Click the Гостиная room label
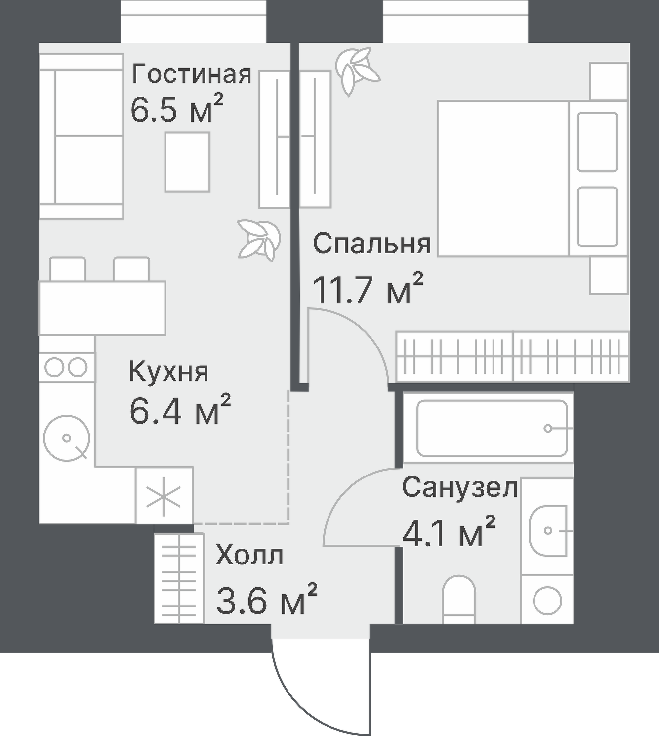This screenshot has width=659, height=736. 192,75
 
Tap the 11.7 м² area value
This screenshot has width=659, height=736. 368,290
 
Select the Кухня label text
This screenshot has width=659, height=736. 168,372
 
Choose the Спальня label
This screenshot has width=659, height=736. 372,244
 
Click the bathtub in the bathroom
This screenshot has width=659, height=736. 492,428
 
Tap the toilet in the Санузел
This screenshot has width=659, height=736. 458,599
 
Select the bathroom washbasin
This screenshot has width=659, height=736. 548,531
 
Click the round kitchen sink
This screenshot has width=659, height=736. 67,437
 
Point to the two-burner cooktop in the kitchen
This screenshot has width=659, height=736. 66,367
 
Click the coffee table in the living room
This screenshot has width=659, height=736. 187,162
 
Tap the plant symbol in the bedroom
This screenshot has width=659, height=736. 357,69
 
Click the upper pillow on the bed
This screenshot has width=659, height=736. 597,142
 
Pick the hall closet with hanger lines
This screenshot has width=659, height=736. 179,578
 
